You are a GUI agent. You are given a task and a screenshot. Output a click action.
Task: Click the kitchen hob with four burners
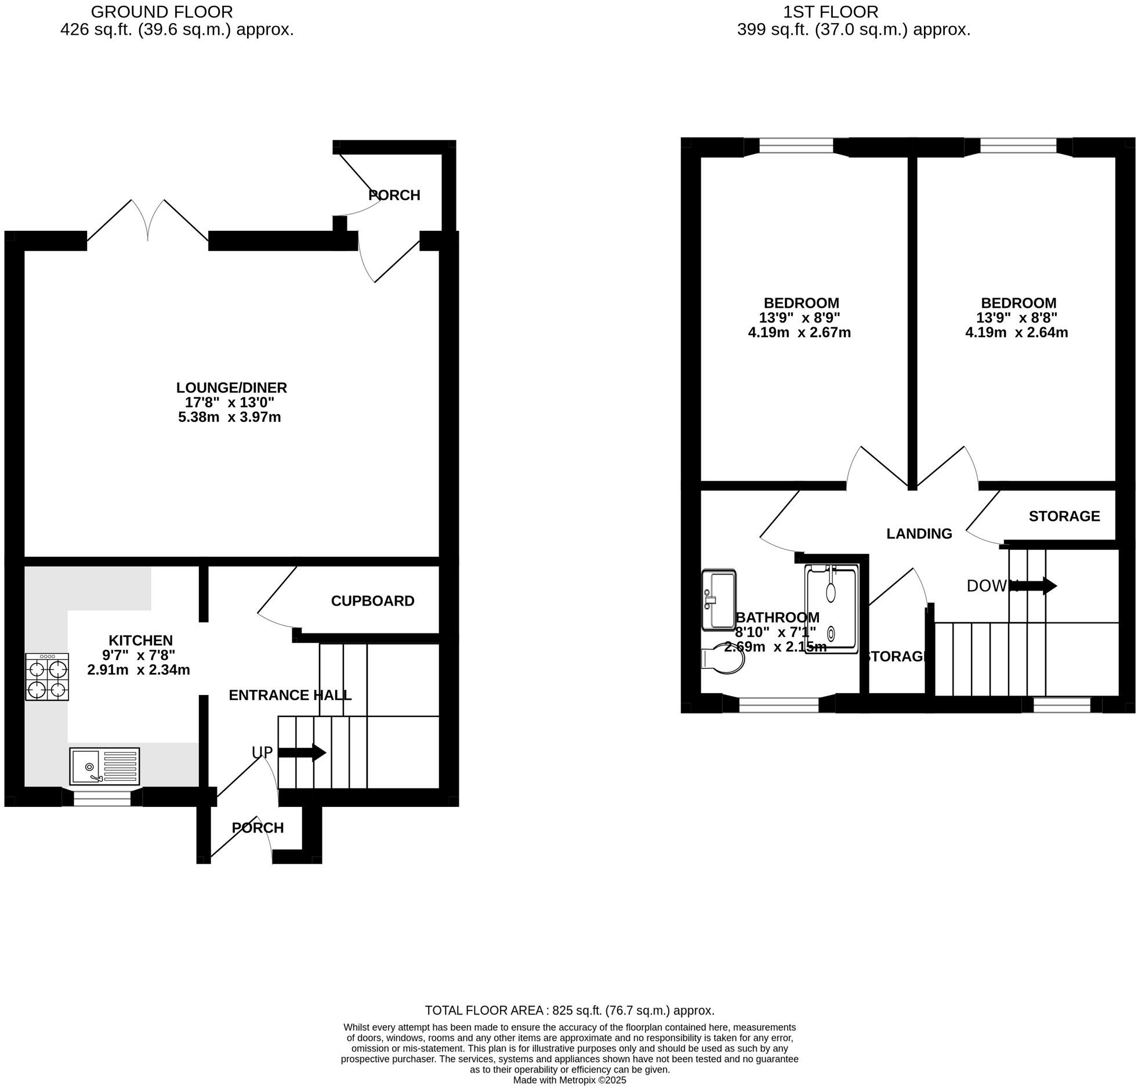[47, 676]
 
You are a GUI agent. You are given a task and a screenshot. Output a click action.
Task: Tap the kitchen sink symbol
[104, 766]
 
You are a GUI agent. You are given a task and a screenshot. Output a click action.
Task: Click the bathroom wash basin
[718, 599]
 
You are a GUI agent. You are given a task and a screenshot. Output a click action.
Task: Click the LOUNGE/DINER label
[231, 388]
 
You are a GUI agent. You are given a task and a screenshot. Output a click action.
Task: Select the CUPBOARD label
[372, 601]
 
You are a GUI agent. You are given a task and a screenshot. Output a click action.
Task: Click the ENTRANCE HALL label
[290, 695]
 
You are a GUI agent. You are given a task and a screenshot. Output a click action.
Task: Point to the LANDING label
[919, 534]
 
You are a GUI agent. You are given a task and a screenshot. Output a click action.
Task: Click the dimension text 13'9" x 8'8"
[1016, 318]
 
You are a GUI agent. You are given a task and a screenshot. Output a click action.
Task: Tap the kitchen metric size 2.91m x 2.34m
[139, 670]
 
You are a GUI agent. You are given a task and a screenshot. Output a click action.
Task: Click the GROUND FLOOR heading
[162, 12]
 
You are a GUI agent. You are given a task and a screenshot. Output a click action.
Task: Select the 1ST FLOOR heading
[830, 12]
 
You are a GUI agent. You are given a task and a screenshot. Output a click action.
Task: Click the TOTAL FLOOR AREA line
[569, 1011]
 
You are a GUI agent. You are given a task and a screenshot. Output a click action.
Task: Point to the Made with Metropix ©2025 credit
[569, 1080]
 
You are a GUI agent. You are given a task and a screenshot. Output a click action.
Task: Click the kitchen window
[102, 798]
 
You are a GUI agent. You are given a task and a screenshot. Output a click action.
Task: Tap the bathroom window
[778, 705]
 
